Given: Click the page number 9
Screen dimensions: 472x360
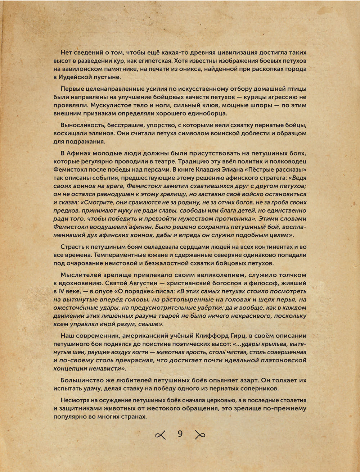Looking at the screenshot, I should point(180,434).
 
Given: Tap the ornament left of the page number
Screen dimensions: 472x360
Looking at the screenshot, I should point(160,435).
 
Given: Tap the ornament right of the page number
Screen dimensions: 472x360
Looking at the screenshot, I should point(200,435).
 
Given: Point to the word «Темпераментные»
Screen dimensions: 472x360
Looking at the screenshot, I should point(120,255).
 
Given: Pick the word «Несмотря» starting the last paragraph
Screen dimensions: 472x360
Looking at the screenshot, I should point(76,400).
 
